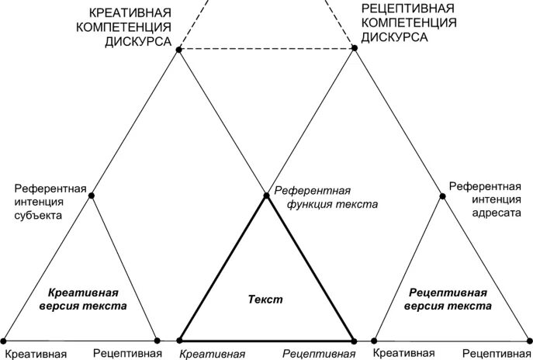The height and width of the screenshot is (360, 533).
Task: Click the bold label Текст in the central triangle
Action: click(266, 299)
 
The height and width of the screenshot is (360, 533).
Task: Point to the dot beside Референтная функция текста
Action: click(266, 196)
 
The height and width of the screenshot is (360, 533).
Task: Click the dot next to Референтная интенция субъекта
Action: click(92, 196)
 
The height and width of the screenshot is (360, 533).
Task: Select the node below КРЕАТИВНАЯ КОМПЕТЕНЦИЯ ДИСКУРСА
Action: click(179, 50)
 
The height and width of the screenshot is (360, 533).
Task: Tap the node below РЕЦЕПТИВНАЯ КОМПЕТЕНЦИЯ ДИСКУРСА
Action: click(355, 48)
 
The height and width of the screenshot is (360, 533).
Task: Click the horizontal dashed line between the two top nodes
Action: click(267, 49)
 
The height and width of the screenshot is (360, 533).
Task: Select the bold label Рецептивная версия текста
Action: click(448, 299)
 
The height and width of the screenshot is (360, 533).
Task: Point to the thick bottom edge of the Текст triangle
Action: click(267, 340)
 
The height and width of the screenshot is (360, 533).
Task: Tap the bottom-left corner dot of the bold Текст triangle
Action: click(180, 340)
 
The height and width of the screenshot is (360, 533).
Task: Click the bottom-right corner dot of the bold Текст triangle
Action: click(354, 340)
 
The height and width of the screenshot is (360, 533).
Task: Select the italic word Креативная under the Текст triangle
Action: click(213, 354)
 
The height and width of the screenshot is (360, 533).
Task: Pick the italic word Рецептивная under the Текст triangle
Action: click(313, 354)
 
